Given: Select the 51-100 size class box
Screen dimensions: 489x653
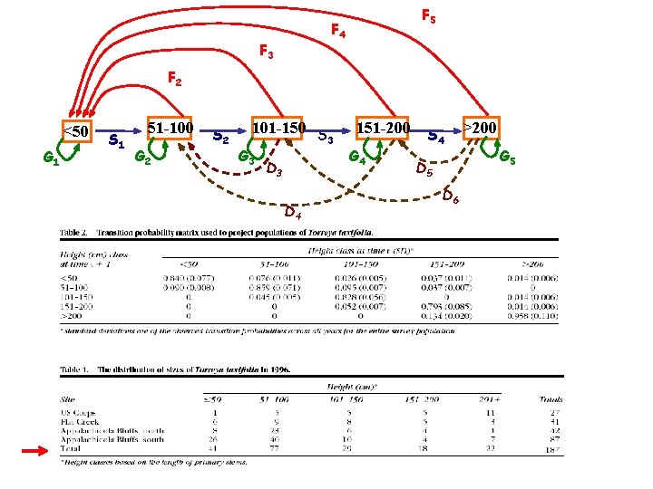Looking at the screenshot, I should click(171, 129).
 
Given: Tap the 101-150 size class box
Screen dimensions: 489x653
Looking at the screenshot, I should click(279, 129).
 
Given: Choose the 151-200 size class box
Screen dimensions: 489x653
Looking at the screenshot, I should click(384, 129).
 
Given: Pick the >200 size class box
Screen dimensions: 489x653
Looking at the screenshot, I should click(479, 128).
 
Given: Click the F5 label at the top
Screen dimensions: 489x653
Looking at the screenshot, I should click(428, 16).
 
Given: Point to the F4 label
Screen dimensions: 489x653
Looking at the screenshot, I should click(337, 32).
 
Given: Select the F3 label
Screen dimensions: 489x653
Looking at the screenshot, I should click(266, 53).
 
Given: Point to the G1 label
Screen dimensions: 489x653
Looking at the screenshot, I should click(52, 160).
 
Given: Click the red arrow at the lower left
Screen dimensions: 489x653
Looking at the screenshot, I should click(41, 450).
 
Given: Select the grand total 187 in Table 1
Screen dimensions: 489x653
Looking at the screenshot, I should click(551, 449).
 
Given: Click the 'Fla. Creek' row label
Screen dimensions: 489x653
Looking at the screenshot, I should click(79, 421).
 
